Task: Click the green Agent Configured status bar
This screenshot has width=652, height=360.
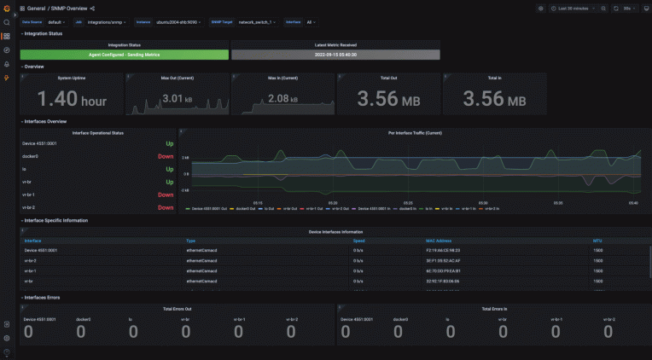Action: coord(124,55)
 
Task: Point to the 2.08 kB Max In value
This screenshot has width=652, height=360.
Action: coord(283,99)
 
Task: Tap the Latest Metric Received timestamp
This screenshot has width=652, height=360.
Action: coord(335,55)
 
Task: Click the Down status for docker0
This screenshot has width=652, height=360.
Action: coord(166,156)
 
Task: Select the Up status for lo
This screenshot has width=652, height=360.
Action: coord(169,169)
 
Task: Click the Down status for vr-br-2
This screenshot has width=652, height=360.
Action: coord(166,207)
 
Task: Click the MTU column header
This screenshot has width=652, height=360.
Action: coord(597,241)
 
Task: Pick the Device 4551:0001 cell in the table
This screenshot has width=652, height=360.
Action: coord(41,250)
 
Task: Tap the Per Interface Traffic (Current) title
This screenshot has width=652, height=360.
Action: coord(415,133)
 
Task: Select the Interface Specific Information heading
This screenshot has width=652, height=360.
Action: coord(56,220)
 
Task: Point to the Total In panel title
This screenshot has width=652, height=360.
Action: coord(494,78)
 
